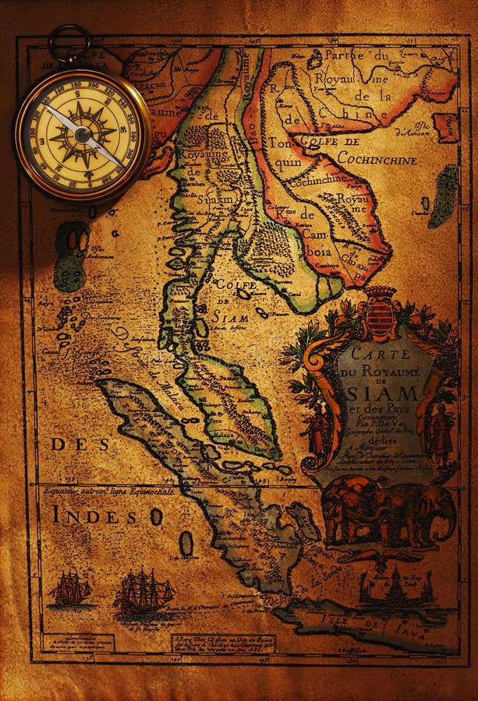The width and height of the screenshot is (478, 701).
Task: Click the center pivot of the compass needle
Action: point(83,135)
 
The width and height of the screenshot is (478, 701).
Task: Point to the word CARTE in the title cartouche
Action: point(370,353)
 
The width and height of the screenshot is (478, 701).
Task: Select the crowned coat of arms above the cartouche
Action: point(381,312)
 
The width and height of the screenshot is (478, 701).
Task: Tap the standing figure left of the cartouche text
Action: point(320,428)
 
